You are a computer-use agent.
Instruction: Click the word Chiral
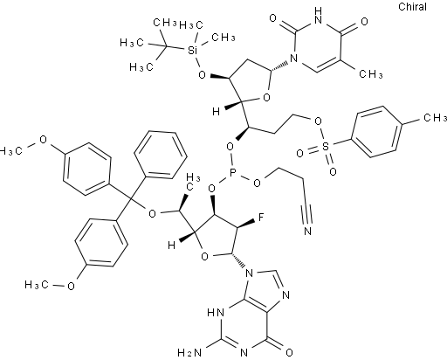[x=412, y=7]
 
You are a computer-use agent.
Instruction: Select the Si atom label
[x=191, y=51]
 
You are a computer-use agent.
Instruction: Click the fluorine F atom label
[x=261, y=217]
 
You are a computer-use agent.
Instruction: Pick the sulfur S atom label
[x=326, y=147]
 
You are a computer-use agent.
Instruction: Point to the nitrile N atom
[x=307, y=231]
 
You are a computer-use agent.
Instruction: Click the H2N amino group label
[x=189, y=353]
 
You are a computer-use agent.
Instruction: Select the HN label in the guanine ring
[x=216, y=314]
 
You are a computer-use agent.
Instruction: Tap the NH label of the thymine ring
[x=319, y=16]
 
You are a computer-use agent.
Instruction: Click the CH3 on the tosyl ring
[x=435, y=117]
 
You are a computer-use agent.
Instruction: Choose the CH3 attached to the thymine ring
[x=370, y=74]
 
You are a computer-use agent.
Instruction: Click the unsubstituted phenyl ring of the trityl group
[x=161, y=155]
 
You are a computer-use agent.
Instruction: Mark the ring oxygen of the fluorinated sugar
[x=205, y=257]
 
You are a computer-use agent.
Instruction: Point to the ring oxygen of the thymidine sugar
[x=266, y=98]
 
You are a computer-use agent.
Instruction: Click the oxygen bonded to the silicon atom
[x=202, y=75]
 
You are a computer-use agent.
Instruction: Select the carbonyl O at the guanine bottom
[x=289, y=353]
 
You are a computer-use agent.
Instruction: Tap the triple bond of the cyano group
[x=306, y=211]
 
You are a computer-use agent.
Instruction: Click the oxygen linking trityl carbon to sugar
[x=152, y=214]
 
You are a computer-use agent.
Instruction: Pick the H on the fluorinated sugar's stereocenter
[x=172, y=246]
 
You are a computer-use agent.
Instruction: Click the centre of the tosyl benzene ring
[x=377, y=133]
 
